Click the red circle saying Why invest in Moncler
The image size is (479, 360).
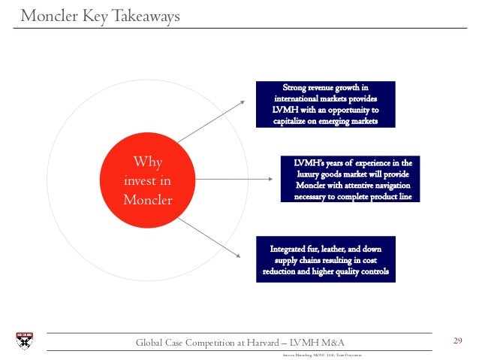pos(147,181)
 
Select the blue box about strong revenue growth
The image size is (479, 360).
pos(325,104)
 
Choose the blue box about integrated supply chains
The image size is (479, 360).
pos(325,259)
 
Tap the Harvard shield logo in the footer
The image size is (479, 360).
pos(24,341)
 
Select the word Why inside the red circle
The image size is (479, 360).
pos(147,162)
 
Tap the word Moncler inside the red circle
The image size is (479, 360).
pos(147,200)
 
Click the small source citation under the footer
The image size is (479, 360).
pos(330,352)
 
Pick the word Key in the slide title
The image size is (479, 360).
pos(95,16)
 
